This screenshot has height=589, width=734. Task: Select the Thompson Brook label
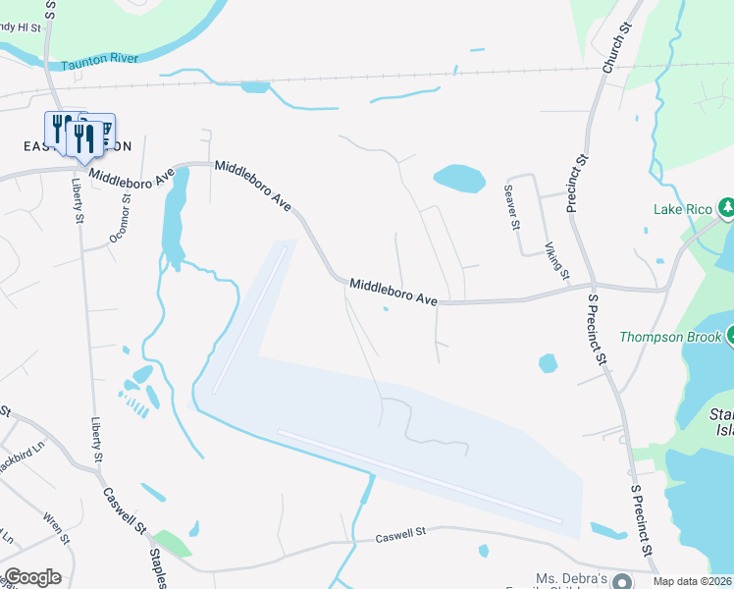click(x=669, y=337)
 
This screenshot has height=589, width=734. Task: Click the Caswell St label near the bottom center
click(x=402, y=536)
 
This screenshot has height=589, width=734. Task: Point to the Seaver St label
click(x=510, y=206)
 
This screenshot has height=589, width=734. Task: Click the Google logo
click(x=32, y=577)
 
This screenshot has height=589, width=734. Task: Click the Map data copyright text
click(x=693, y=581)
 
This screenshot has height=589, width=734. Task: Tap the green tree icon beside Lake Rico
click(x=727, y=208)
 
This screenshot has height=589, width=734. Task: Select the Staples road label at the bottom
click(x=157, y=567)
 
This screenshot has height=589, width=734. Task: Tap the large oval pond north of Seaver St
click(x=459, y=179)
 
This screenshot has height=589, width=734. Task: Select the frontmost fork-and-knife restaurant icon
click(x=84, y=139)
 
